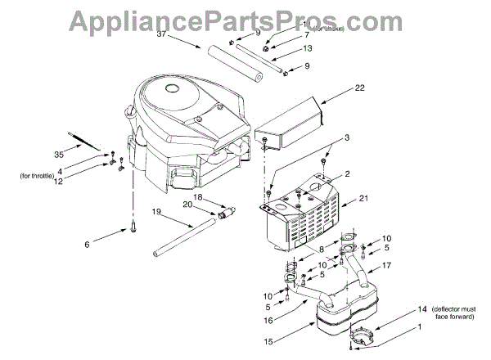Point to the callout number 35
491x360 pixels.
click(58, 153)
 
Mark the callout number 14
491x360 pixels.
click(399, 309)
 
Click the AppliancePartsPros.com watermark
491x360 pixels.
click(245, 18)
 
